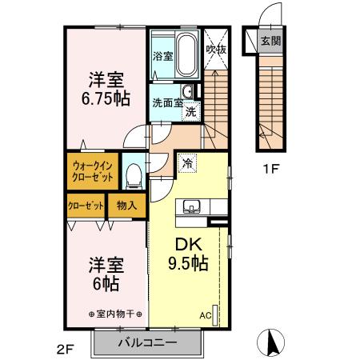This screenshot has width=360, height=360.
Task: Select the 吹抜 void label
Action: pyautogui.click(x=216, y=49)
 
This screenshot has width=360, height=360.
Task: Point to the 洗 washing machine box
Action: pyautogui.click(x=191, y=111)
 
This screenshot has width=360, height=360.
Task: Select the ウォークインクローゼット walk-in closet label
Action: pyautogui.click(x=94, y=170)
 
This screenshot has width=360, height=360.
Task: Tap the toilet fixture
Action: pyautogui.click(x=134, y=173)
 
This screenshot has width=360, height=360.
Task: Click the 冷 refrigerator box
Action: pyautogui.click(x=188, y=162)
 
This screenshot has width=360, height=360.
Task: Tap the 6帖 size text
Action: pyautogui.click(x=105, y=284)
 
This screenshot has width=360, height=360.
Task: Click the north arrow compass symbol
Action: pyautogui.click(x=273, y=342)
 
